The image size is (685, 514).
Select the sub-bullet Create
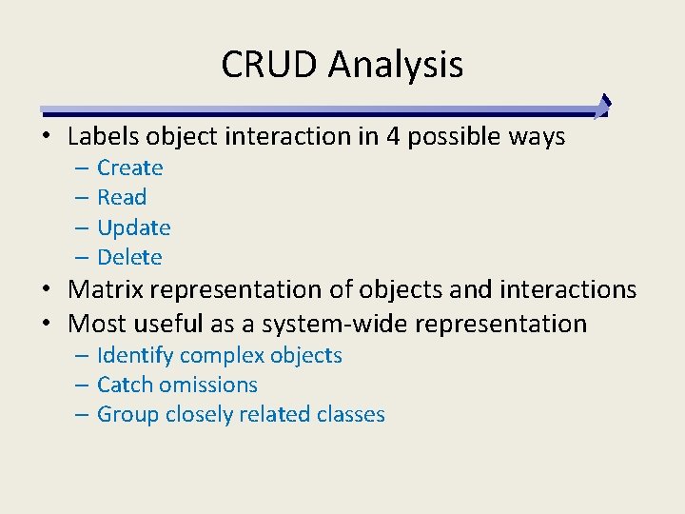point(130,168)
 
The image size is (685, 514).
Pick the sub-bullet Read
point(122,198)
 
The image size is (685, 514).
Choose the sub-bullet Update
point(134,228)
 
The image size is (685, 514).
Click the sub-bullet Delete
point(129,257)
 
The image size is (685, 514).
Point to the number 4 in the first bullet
point(393,137)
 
